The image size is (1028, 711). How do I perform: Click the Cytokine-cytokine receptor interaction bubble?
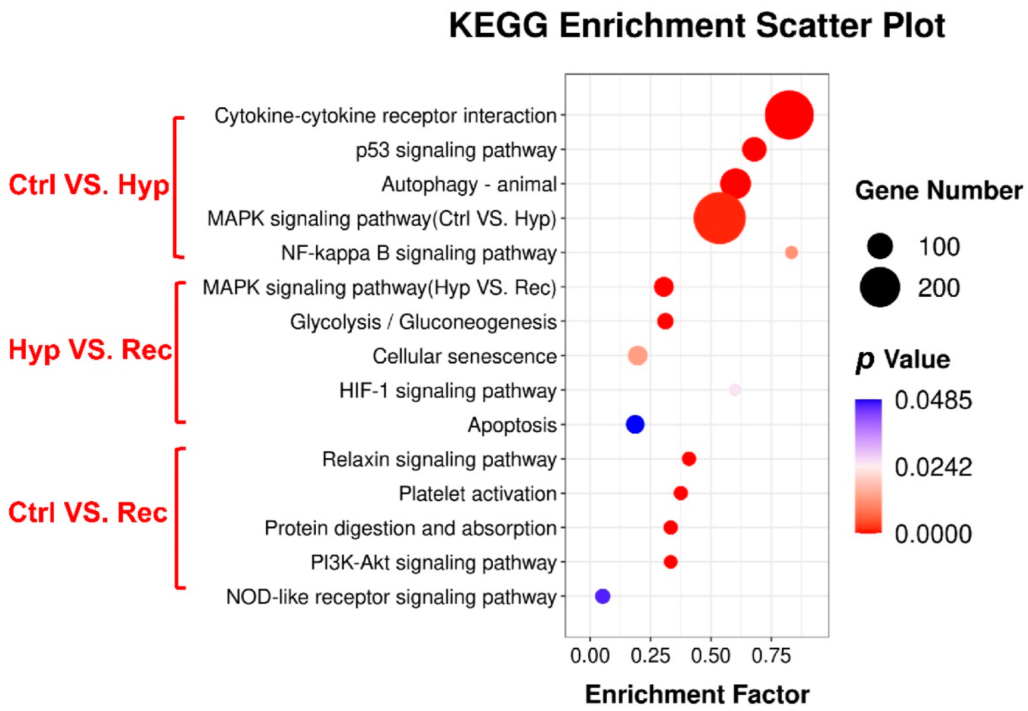(788, 115)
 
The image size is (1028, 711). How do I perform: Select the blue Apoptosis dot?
(635, 424)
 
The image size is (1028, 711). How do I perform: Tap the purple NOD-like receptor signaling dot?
(602, 596)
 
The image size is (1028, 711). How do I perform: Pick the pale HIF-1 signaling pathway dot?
(735, 390)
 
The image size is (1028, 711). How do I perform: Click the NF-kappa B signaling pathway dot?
(791, 253)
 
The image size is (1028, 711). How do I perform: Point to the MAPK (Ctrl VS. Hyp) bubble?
(719, 218)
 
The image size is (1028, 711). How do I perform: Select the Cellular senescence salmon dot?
(638, 356)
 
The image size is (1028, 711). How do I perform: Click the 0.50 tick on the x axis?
(710, 657)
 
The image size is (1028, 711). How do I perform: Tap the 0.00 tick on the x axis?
(590, 657)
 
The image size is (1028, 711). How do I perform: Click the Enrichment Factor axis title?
(697, 694)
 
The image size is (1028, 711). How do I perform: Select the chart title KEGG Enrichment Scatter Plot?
(696, 26)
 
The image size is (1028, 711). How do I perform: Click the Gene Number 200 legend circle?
(880, 287)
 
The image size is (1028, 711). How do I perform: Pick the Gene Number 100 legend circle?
(880, 246)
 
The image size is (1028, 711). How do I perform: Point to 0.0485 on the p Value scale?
(933, 400)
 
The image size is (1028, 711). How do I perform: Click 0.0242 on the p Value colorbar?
(933, 467)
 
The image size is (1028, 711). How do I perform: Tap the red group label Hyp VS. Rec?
(90, 350)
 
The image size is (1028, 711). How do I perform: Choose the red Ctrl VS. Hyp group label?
(89, 185)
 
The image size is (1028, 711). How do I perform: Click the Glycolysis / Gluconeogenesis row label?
(423, 322)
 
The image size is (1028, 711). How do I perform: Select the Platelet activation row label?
(477, 494)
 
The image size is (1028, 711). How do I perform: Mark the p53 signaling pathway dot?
(754, 150)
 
